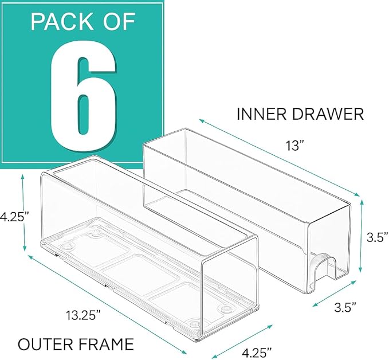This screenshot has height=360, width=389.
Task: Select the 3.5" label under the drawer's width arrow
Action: (345, 308)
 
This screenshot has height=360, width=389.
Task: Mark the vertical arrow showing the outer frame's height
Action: (23, 212)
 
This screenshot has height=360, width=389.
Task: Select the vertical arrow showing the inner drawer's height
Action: (360, 235)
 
